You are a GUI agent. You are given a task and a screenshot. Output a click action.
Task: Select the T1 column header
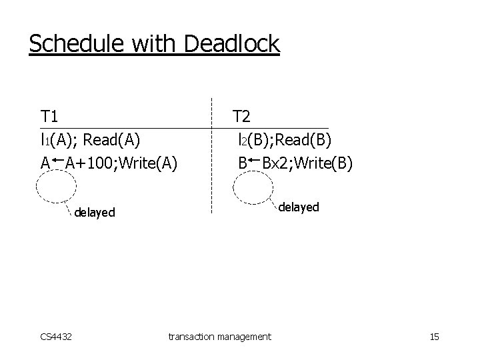(49, 117)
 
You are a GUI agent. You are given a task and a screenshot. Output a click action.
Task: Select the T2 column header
(241, 117)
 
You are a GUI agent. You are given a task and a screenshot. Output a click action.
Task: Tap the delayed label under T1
(95, 213)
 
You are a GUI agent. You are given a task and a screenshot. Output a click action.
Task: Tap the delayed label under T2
(299, 207)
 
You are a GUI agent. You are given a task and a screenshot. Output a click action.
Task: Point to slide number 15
(434, 337)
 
